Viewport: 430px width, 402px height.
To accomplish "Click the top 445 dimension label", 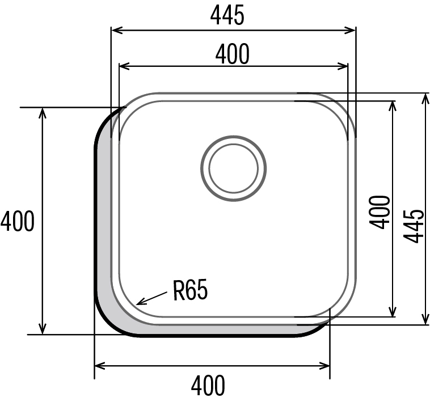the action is coord(227,15).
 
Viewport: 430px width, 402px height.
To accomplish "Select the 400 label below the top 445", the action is coord(233,54).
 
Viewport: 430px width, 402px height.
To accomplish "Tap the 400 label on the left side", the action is coord(18,221).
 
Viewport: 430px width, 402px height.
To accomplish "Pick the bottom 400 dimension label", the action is coord(208,386).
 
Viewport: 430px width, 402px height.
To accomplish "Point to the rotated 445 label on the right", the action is coord(414,226).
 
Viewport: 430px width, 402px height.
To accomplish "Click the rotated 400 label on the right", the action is coord(380,212).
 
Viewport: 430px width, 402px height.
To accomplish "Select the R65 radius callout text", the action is coord(190,290).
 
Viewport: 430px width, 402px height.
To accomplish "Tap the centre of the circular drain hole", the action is coord(233,168).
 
